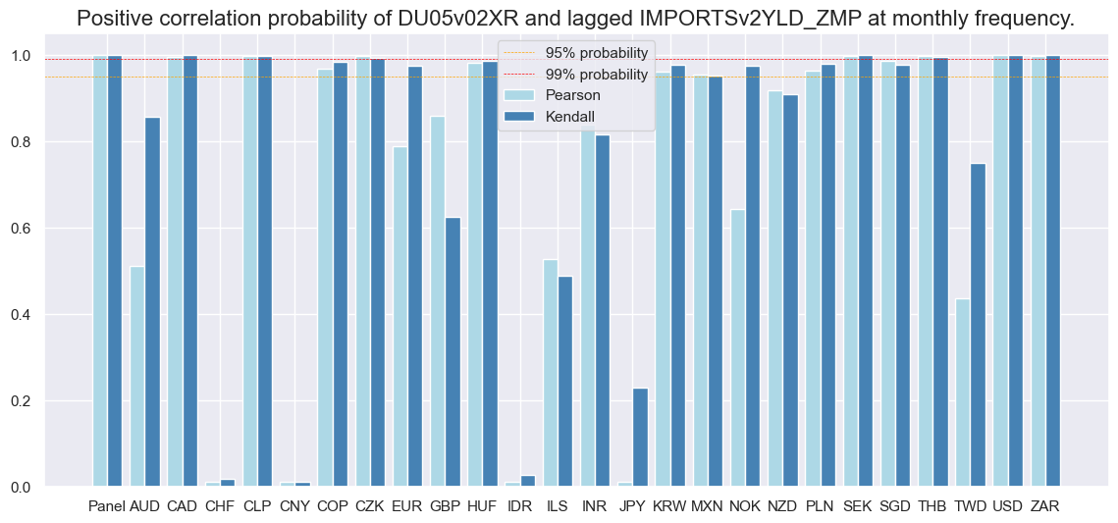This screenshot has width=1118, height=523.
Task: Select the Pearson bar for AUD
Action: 137,377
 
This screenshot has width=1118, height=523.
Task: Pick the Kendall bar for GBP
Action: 453,352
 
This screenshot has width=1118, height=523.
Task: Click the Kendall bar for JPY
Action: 640,438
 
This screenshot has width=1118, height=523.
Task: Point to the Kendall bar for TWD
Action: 978,325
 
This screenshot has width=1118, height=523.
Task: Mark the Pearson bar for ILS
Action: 551,373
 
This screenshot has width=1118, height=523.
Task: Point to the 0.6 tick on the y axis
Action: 49,229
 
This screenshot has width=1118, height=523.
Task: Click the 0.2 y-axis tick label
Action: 49,401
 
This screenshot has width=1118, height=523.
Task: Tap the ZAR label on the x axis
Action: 1045,506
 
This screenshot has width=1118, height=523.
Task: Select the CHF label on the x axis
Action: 221,506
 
